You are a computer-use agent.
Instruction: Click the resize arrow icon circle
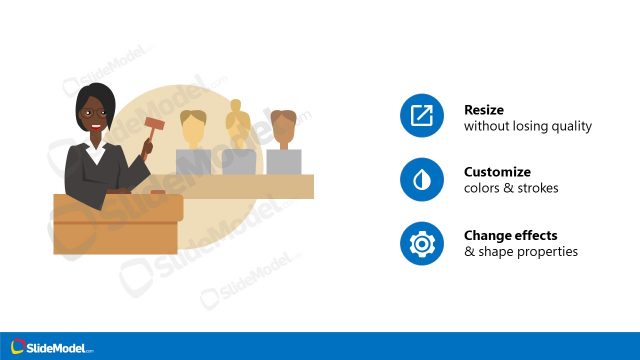tap(421, 117)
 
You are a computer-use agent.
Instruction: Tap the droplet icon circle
tap(421, 180)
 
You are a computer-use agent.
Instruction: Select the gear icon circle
tap(421, 243)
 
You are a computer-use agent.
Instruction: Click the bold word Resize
tap(483, 109)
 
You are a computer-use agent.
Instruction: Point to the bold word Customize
tap(497, 172)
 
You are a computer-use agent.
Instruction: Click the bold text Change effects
tap(510, 235)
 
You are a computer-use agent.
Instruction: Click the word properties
tap(552, 252)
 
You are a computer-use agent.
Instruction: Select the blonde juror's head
tap(193, 125)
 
